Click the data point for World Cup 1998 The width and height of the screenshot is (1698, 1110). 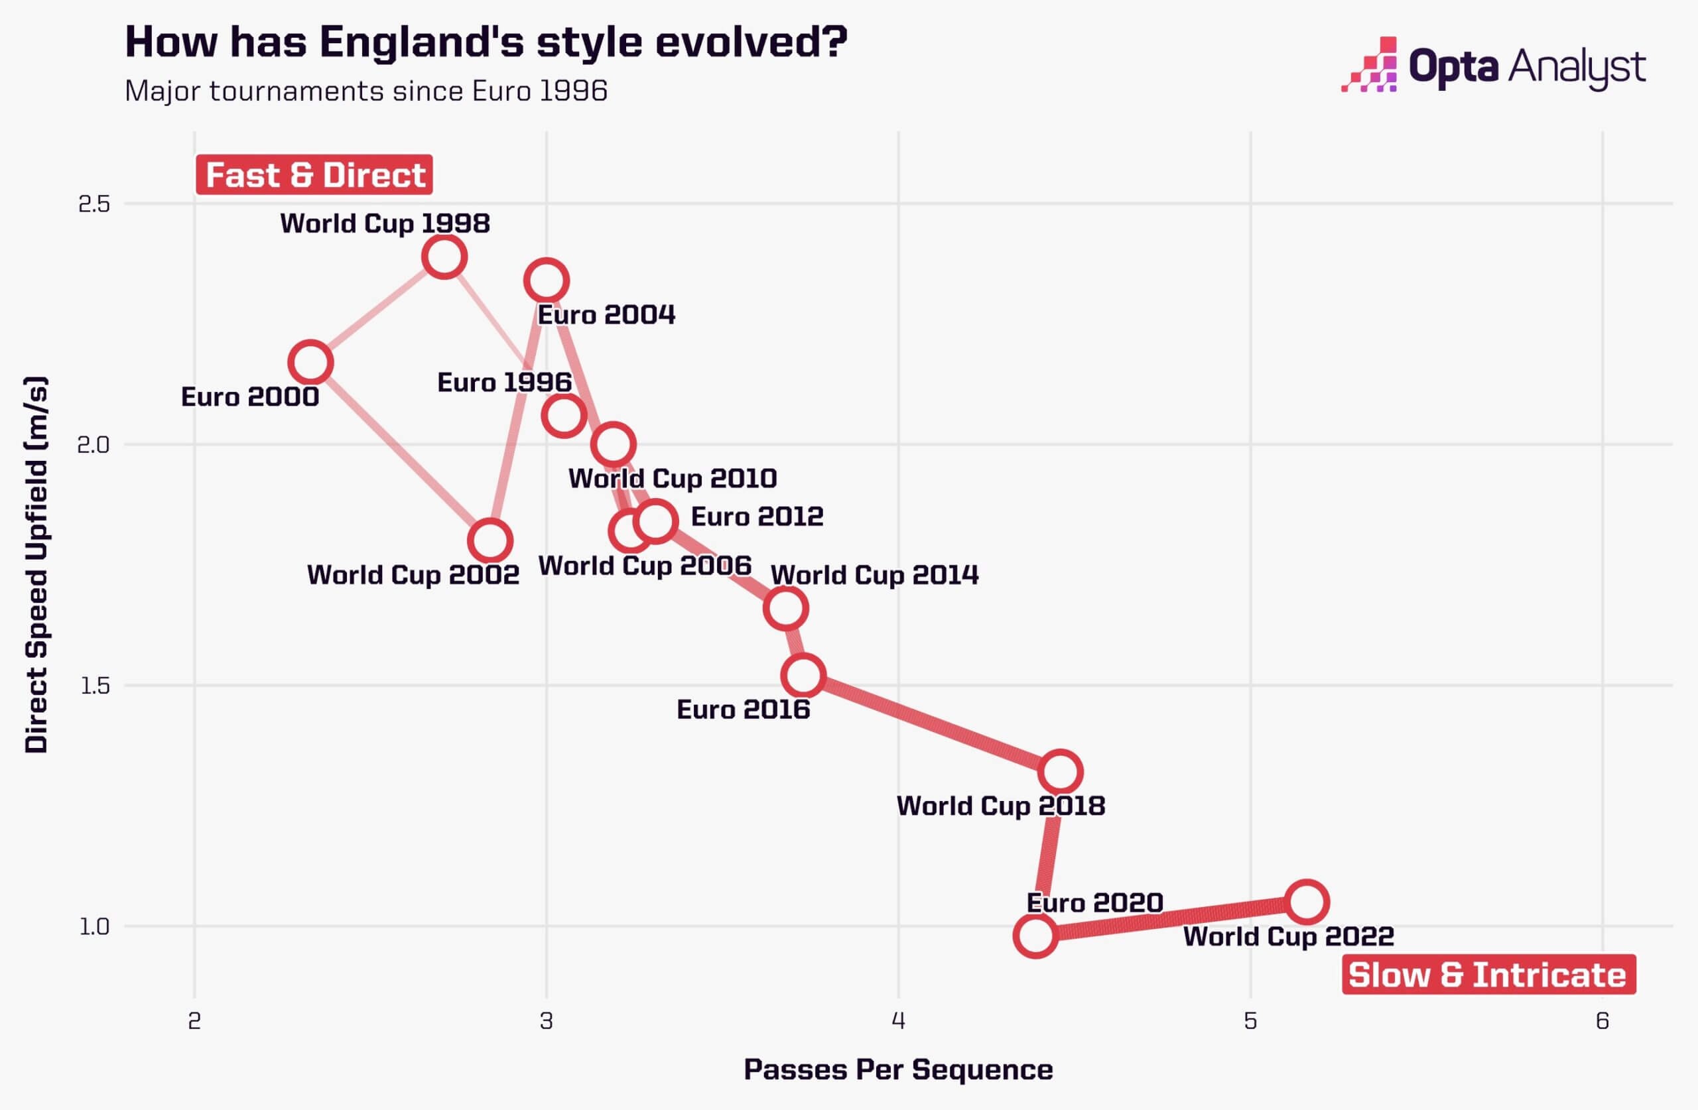444,256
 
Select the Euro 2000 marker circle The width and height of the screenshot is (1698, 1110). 310,363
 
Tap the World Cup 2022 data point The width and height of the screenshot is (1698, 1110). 1306,902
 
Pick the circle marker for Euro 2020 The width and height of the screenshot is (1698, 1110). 1035,935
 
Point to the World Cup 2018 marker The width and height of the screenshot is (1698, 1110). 1060,772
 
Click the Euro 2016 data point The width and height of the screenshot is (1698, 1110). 803,676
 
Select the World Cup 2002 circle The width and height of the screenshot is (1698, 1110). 490,540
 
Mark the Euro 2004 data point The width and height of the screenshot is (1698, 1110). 546,280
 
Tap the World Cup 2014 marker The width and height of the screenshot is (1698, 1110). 785,609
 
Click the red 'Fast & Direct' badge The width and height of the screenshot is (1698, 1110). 314,175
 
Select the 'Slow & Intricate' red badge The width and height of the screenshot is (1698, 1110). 1488,975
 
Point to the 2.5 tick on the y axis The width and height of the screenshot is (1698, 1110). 94,204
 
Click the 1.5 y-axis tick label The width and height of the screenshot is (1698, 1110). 94,686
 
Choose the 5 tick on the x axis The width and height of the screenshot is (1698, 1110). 1250,1022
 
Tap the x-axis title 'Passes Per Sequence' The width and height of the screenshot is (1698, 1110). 898,1070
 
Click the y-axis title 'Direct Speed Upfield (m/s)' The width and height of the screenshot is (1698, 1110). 36,564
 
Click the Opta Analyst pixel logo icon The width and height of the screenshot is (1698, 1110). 1369,66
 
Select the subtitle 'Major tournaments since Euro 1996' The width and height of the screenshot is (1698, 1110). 366,92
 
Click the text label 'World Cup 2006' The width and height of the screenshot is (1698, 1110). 645,566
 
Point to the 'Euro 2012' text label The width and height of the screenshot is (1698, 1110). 757,517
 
